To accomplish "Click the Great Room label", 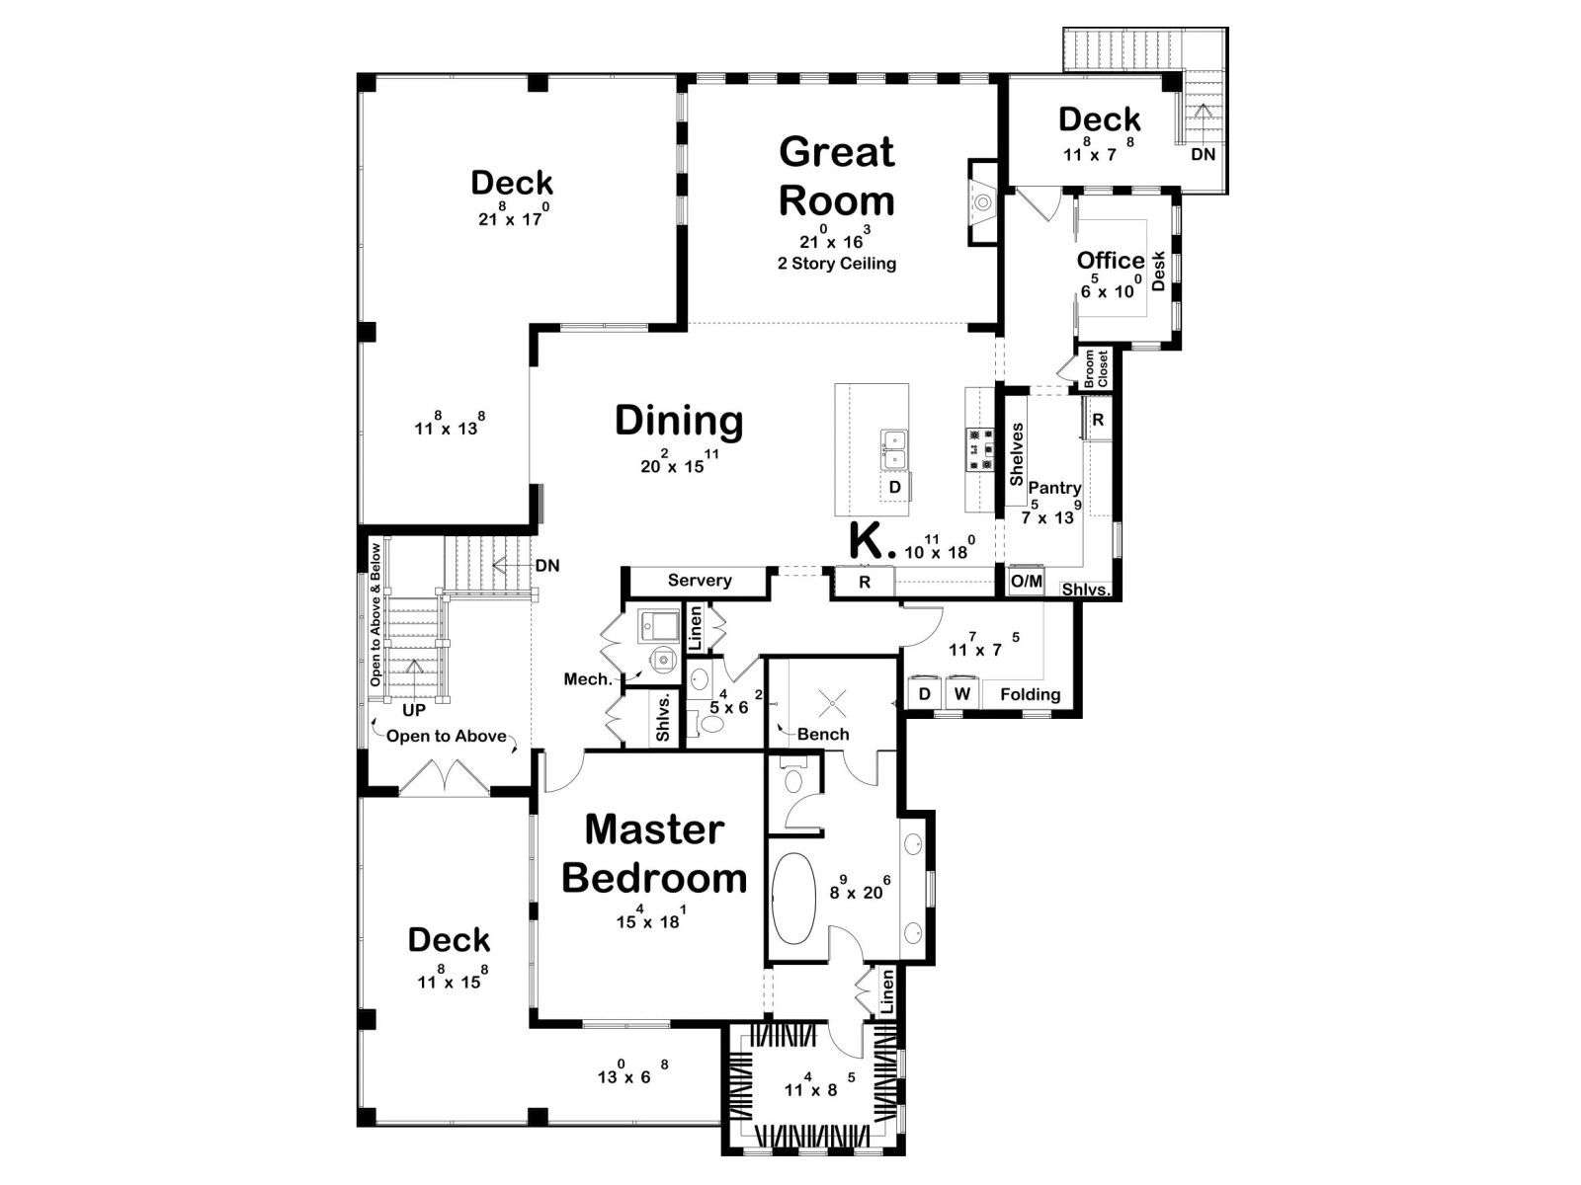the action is point(836,177).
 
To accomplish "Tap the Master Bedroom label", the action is point(654,854).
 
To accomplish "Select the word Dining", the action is point(679,422).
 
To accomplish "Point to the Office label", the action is point(1110,261).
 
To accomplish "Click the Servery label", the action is point(700,581).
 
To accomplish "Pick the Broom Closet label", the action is point(1096,368).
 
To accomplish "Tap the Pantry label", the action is point(1054,488).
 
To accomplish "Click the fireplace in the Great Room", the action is point(982,202).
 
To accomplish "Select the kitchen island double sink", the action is point(893,448).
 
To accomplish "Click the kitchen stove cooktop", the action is point(979,449).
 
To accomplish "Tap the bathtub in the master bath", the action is point(793,897).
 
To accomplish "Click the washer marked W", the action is point(962,694).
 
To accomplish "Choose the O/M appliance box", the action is point(1026,581).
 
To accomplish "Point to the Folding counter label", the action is point(1030,694).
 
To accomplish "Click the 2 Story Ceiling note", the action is point(837,264).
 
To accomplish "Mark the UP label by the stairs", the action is point(414,710).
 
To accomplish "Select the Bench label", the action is point(823,734).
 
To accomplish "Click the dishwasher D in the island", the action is point(894,487).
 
